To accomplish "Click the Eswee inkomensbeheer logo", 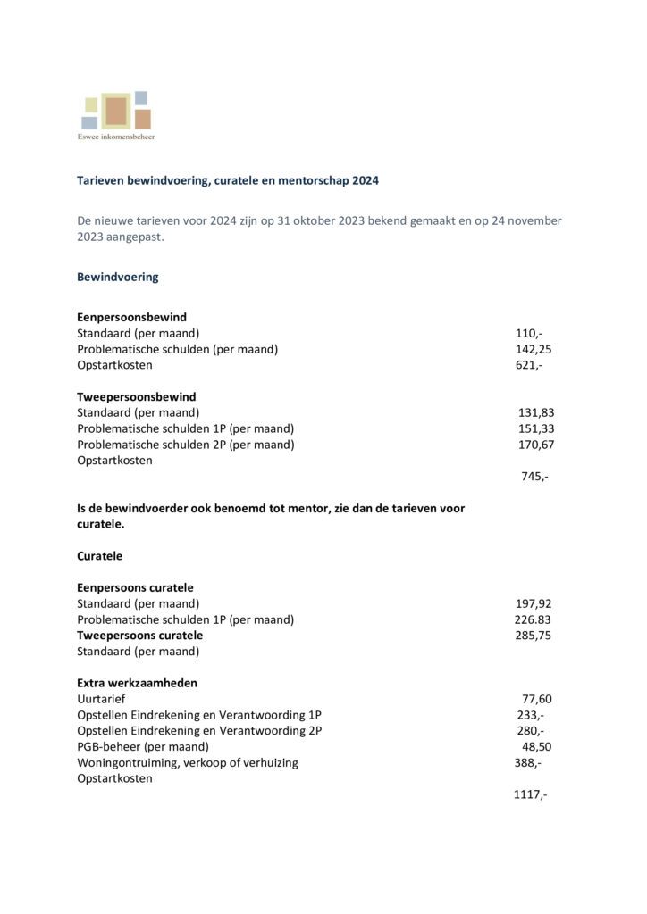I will [x=116, y=115].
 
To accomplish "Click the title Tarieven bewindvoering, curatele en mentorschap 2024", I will [x=228, y=180].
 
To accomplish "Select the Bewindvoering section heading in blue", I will [x=117, y=277].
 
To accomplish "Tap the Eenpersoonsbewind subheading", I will [x=131, y=317].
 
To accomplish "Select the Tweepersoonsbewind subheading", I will [x=136, y=396].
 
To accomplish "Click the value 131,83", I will [x=536, y=412].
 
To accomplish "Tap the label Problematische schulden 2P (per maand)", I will [x=185, y=445].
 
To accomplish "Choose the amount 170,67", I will [x=536, y=445].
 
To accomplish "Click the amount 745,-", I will [x=534, y=477].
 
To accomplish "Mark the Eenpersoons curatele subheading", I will [x=135, y=587].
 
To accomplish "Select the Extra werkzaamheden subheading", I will [x=137, y=683].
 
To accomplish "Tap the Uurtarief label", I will [x=102, y=699].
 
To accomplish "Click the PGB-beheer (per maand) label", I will [x=143, y=746].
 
